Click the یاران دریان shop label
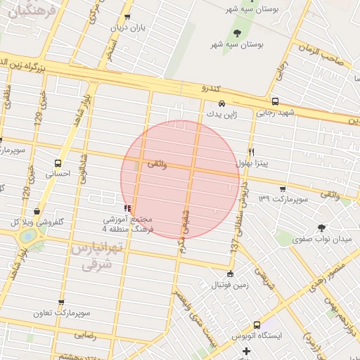pyautogui.click(x=128, y=27)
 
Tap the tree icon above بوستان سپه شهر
pyautogui.click(x=236, y=32)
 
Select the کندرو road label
pyautogui.click(x=211, y=89)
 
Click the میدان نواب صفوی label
pyautogui.click(x=321, y=239)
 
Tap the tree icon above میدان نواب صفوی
pyautogui.click(x=322, y=227)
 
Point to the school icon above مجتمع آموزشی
pyautogui.click(x=127, y=208)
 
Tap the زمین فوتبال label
pyautogui.click(x=230, y=285)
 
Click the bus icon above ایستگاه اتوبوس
pyautogui.click(x=257, y=325)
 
